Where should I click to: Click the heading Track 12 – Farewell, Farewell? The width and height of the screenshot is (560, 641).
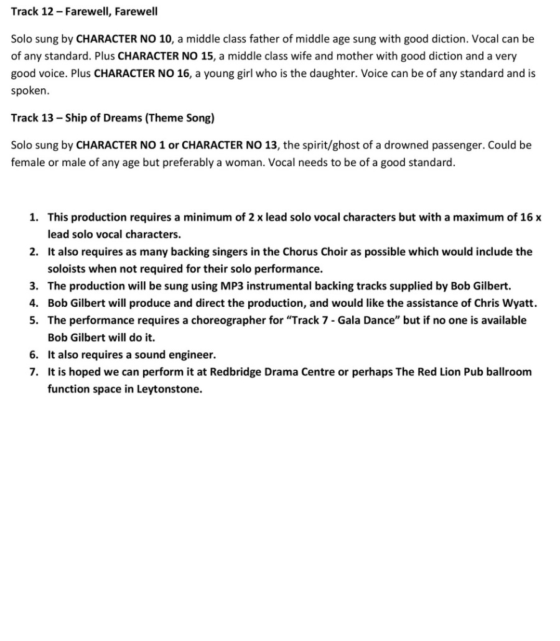pyautogui.click(x=84, y=11)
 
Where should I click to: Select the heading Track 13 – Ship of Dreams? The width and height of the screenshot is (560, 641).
pyautogui.click(x=113, y=118)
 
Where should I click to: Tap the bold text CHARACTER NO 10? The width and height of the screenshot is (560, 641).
pyautogui.click(x=123, y=39)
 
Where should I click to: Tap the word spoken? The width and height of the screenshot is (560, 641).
pyautogui.click(x=29, y=90)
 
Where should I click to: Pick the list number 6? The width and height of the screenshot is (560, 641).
pyautogui.click(x=34, y=355)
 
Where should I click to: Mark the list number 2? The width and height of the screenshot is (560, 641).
pyautogui.click(x=34, y=252)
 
